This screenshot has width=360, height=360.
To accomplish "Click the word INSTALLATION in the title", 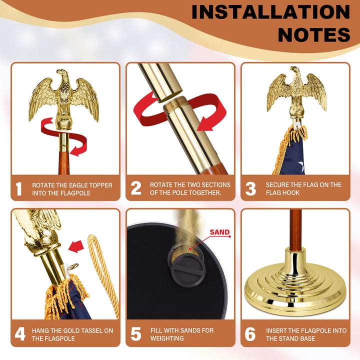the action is pyautogui.click(x=271, y=12).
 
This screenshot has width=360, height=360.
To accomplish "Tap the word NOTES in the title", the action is pyautogui.click(x=314, y=35).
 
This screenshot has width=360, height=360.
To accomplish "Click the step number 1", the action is pyautogui.click(x=19, y=189).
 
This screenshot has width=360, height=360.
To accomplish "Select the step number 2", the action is pyautogui.click(x=136, y=188).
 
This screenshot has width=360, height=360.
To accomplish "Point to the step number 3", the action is pyautogui.click(x=250, y=188).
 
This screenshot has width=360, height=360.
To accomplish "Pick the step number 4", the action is pyautogui.click(x=20, y=334).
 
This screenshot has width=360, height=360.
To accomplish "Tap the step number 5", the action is pyautogui.click(x=136, y=334).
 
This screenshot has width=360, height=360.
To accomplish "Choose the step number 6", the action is pyautogui.click(x=250, y=334).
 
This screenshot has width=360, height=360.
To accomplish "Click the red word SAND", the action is pyautogui.click(x=219, y=232).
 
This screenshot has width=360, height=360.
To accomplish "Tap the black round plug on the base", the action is pyautogui.click(x=188, y=271).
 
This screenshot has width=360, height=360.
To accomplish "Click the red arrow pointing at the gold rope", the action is pyautogui.click(x=76, y=246).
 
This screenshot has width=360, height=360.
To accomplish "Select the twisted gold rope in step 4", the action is pyautogui.click(x=104, y=275).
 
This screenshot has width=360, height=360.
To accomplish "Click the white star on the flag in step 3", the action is pyautogui.click(x=301, y=166).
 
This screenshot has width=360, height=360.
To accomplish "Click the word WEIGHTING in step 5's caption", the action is pyautogui.click(x=167, y=338).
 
